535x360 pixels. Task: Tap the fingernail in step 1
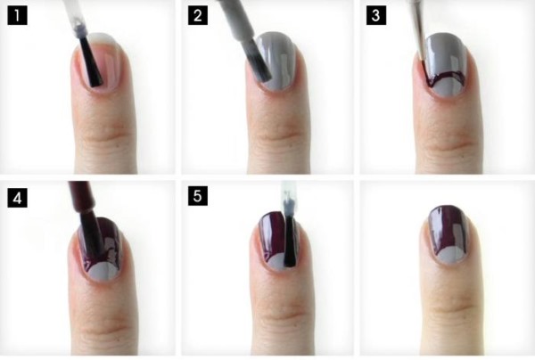[101, 64]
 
